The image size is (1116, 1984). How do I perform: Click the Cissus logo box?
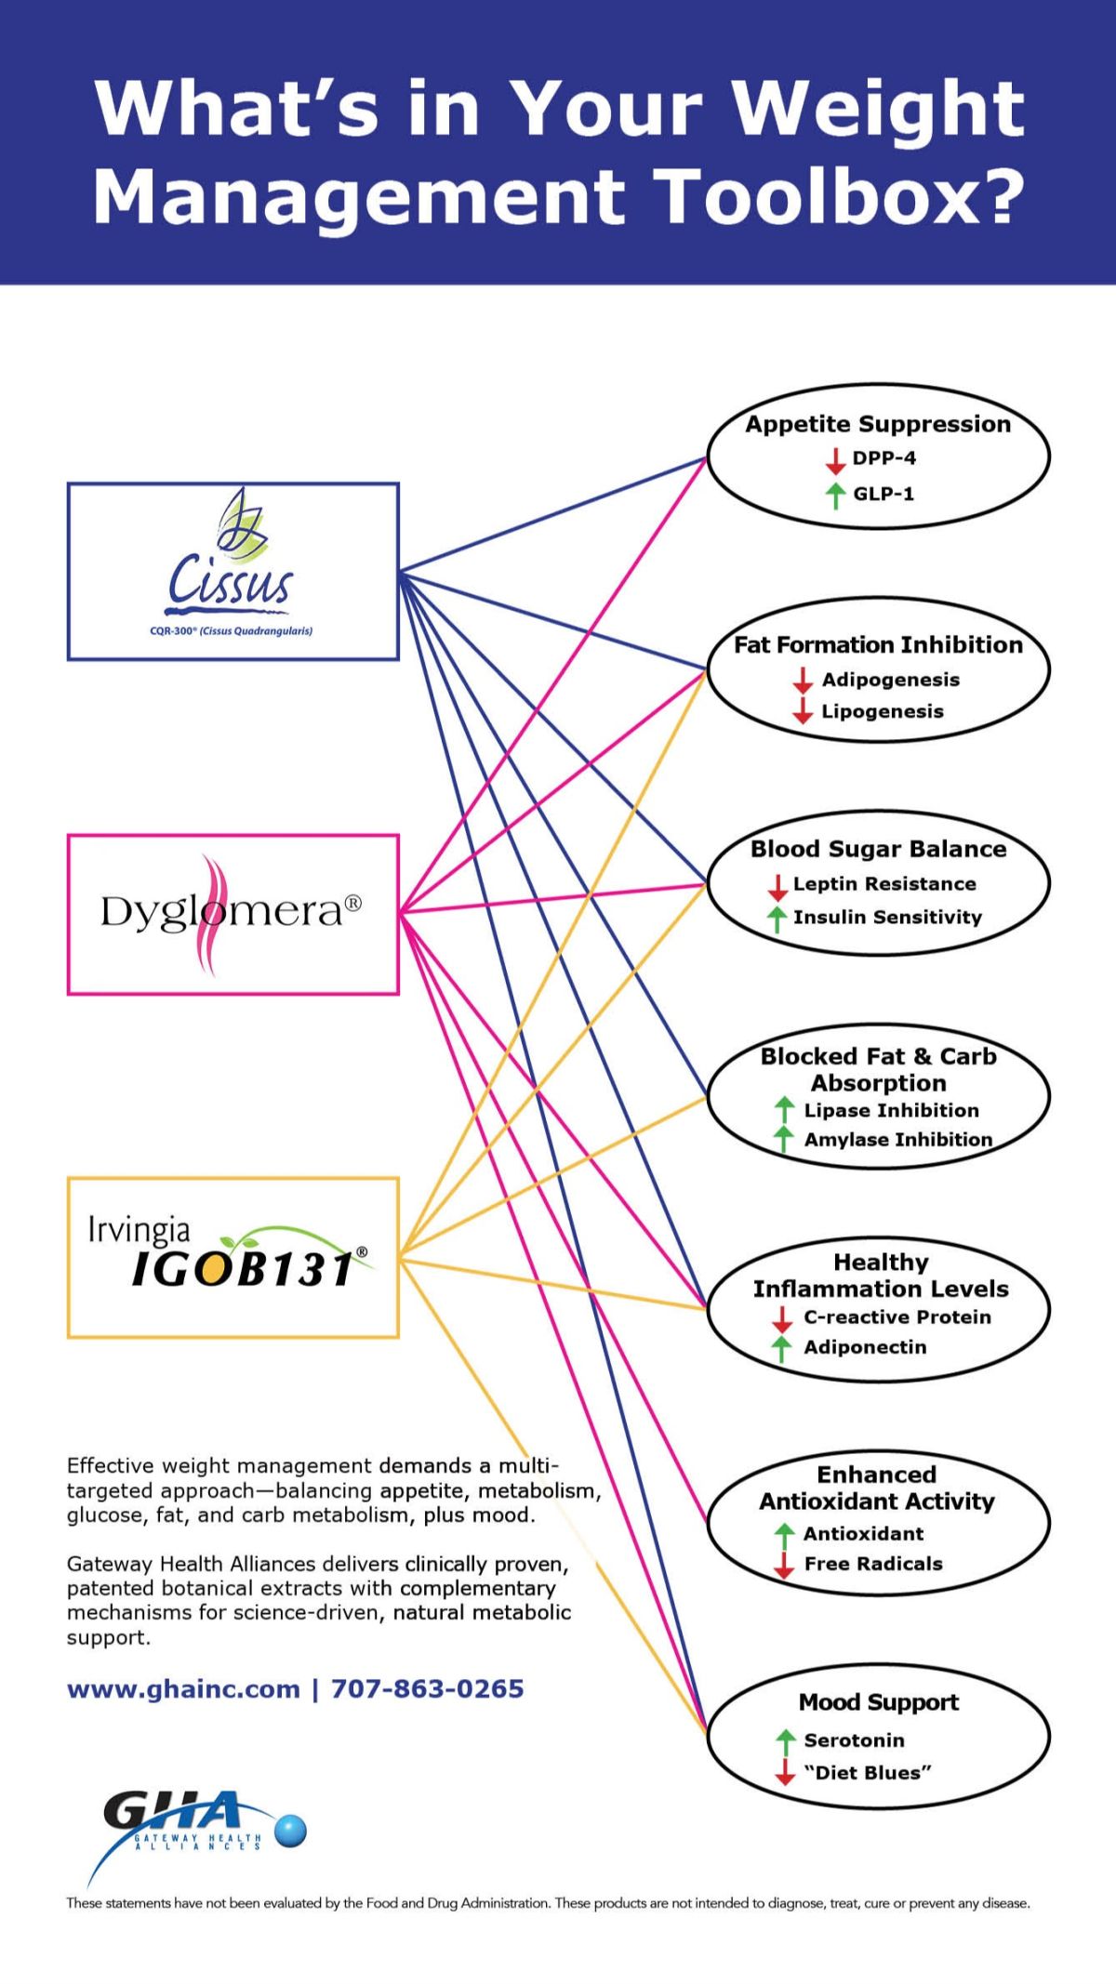(x=232, y=571)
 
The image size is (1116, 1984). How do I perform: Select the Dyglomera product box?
(x=232, y=914)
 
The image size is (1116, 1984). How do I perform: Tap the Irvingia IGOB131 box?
(x=232, y=1257)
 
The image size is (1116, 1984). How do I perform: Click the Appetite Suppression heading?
(x=878, y=424)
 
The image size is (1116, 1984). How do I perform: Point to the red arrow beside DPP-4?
(x=835, y=459)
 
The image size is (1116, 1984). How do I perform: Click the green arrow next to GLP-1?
(x=835, y=495)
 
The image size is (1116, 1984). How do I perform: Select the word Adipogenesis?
(x=890, y=680)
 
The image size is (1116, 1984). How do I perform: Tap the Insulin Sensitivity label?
(x=887, y=918)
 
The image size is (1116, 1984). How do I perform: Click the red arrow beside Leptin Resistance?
(x=777, y=886)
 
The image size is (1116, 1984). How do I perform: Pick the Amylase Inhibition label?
(x=897, y=1140)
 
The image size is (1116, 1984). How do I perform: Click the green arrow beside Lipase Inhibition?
(x=784, y=1110)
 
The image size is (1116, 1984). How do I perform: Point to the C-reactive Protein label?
(x=897, y=1317)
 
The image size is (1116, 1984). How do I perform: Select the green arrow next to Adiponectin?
(x=782, y=1348)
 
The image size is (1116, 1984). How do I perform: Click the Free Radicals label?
(x=873, y=1564)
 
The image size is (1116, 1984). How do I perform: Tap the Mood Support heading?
(x=878, y=1702)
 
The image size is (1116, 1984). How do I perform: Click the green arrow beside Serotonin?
(x=785, y=1740)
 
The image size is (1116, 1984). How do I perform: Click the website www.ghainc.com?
(x=183, y=1689)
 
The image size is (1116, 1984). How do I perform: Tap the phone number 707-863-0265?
(x=428, y=1689)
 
